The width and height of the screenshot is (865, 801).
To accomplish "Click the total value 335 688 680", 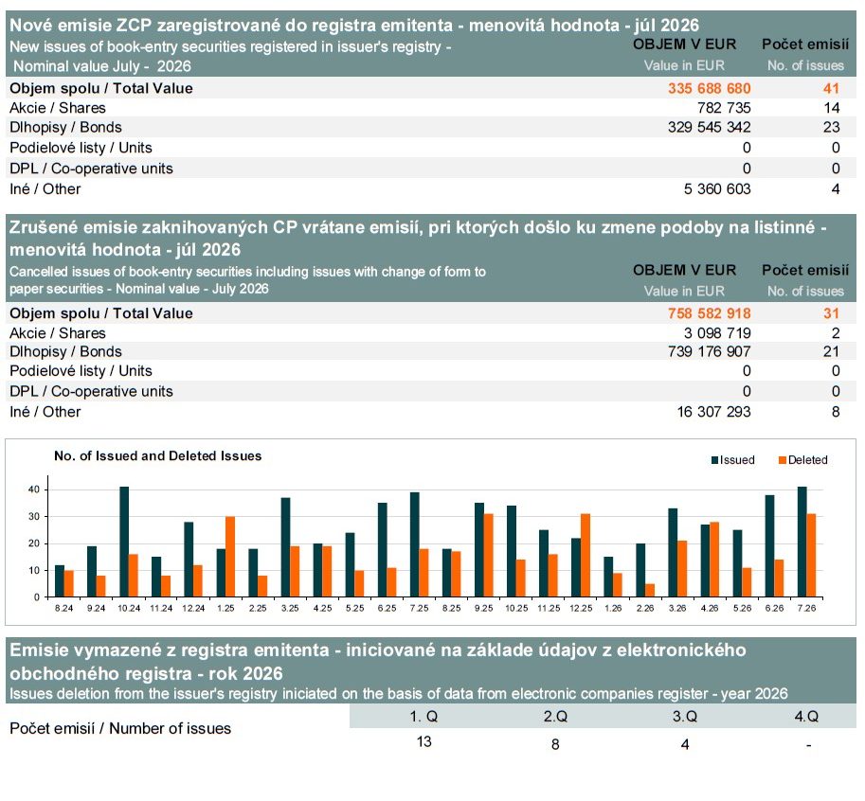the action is point(709,88).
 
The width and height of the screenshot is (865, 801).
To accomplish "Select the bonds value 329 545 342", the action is point(709,127).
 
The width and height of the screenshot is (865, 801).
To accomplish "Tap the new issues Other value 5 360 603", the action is point(717,189).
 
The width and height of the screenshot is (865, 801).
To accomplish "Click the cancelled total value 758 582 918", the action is point(709,313).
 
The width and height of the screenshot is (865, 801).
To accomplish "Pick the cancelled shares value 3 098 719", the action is point(717,333).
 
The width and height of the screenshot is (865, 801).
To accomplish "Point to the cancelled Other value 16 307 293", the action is point(713,412).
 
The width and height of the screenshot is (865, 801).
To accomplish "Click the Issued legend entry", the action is point(733,460).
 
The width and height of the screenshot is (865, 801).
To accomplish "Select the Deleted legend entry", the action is point(802,460).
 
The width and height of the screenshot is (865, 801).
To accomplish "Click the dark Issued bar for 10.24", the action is point(124,542).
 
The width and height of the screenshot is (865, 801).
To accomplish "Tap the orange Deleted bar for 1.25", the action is point(230,557).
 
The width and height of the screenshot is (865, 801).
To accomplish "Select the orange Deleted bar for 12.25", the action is point(586,555).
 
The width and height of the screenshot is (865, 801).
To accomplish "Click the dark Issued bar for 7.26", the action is point(802,542).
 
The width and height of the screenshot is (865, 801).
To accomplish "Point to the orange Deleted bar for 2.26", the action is point(650,591).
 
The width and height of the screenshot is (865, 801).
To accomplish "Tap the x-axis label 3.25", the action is point(290,608).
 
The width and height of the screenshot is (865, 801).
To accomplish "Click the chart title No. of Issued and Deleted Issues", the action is point(158,456).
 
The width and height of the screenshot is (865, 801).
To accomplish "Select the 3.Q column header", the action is point(685,716).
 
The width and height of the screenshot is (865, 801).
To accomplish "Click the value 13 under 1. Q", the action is point(423,741).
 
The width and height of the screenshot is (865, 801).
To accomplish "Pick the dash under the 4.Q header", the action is point(809,745).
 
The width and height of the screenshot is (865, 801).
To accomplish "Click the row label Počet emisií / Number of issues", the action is point(120,728).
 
